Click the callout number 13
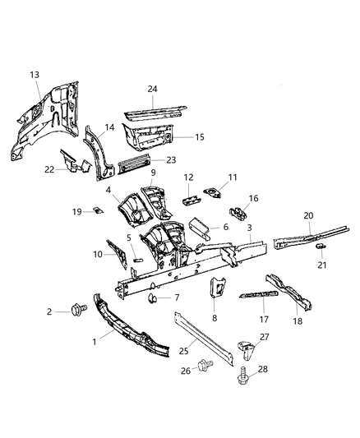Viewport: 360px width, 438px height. coord(35,75)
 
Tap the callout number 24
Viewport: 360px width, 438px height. coord(152,89)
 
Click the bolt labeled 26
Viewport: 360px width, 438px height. coord(205,361)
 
